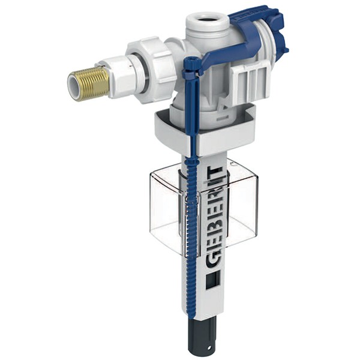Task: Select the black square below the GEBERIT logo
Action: pos(211,282)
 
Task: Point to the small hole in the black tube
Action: pos(211,346)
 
